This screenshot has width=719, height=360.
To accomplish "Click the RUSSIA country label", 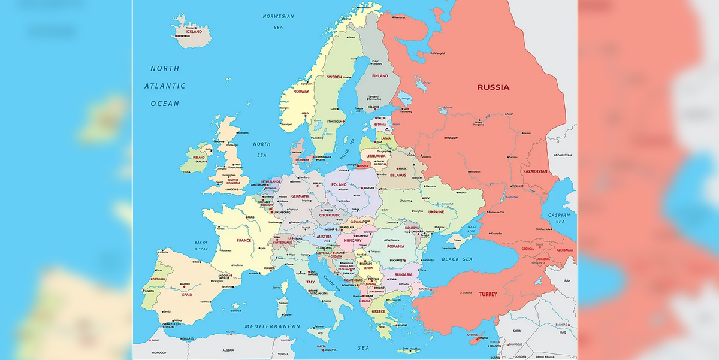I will pos(493,87).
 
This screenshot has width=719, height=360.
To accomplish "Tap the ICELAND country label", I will pos(194,32).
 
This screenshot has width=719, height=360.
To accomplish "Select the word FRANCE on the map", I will pos(244,240).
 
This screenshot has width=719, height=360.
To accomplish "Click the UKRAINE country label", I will pos(436,212).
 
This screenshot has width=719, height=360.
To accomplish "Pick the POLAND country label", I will pos(339,184).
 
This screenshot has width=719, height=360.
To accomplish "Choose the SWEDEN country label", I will pos(334,77).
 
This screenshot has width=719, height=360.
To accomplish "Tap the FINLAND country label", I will pos(380,76).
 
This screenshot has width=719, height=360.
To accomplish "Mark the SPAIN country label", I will pos(187,294).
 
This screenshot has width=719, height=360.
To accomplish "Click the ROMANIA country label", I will pos(396,246).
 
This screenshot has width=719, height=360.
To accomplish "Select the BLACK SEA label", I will pos(458,259).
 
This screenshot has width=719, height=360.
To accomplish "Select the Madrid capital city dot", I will pos(180,285).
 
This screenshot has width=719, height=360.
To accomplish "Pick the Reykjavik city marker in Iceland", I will pos(177,37).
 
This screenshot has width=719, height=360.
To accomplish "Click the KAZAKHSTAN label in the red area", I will pos(535,171).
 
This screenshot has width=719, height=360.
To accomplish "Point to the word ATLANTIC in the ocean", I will pos(165,86).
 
